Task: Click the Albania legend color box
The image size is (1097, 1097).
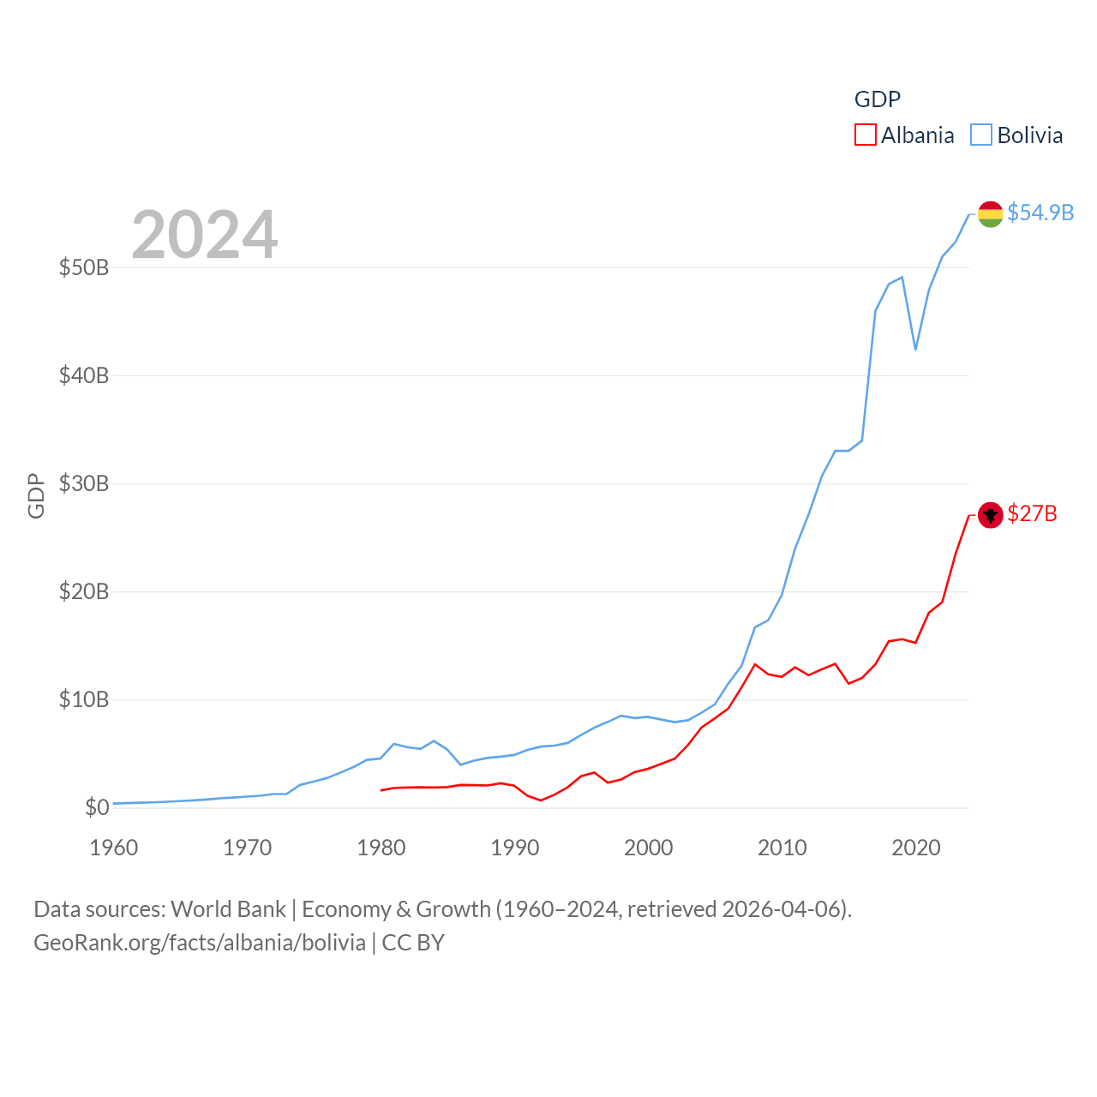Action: pyautogui.click(x=866, y=135)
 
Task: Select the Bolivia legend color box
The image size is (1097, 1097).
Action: pyautogui.click(x=981, y=135)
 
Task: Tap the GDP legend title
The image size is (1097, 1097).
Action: pyautogui.click(x=878, y=99)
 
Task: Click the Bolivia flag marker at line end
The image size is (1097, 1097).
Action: pyautogui.click(x=990, y=213)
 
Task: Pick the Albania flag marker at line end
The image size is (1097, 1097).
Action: pyautogui.click(x=990, y=515)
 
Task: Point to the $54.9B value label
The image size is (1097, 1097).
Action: pyautogui.click(x=1040, y=213)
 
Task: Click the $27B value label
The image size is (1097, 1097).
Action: pyautogui.click(x=1032, y=513)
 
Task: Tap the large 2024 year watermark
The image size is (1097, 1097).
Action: pyautogui.click(x=204, y=234)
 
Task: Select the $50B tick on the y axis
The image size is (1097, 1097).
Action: pyautogui.click(x=84, y=267)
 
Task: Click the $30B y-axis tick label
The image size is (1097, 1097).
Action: pyautogui.click(x=84, y=483)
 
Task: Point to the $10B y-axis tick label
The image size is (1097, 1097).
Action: pyautogui.click(x=84, y=699)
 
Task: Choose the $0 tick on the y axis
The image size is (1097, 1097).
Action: pyautogui.click(x=97, y=807)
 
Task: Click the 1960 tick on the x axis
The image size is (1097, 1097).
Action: pyautogui.click(x=114, y=848)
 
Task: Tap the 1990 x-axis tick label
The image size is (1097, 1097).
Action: pyautogui.click(x=515, y=848)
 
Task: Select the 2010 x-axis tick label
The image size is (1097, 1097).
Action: pyautogui.click(x=782, y=848)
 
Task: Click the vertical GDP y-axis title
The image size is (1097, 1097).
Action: pyautogui.click(x=36, y=495)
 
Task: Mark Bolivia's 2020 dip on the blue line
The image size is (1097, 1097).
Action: pyautogui.click(x=915, y=349)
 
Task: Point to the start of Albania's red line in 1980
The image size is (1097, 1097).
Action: pyautogui.click(x=381, y=790)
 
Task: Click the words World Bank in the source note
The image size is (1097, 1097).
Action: pyautogui.click(x=228, y=908)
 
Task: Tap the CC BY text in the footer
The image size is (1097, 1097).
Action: pyautogui.click(x=413, y=943)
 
